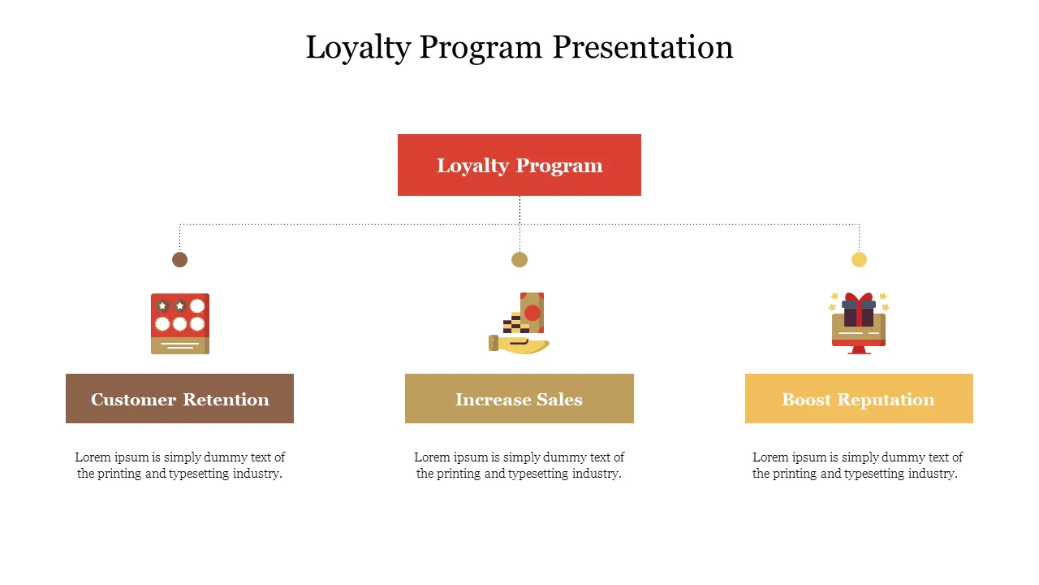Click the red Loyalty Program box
click(x=519, y=165)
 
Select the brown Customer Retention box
click(x=179, y=399)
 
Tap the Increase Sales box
click(x=519, y=399)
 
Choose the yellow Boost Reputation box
click(x=859, y=399)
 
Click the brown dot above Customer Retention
click(x=180, y=259)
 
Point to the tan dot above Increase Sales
click(x=519, y=259)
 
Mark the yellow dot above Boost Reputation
click(x=859, y=259)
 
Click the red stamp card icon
click(x=180, y=323)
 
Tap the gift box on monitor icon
click(x=859, y=324)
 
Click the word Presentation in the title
click(x=643, y=47)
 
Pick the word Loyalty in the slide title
click(x=358, y=47)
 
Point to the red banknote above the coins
click(x=532, y=311)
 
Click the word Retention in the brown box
click(x=226, y=399)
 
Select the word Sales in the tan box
click(x=559, y=399)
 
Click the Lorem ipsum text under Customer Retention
click(x=180, y=466)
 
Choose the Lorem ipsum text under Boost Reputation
click(x=857, y=466)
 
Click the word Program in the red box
click(x=559, y=166)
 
